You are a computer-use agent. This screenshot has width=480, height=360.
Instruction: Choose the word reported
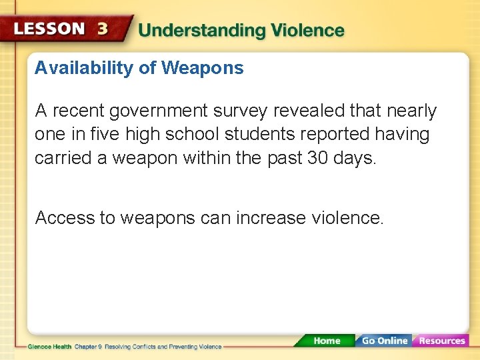[x=337, y=134]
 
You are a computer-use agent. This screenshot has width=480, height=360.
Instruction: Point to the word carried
[x=61, y=157]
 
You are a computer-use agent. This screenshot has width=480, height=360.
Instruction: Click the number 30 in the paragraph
[x=317, y=157]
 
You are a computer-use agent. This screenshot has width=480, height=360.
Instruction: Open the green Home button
[x=327, y=341]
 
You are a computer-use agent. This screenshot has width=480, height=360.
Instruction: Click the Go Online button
[x=384, y=341]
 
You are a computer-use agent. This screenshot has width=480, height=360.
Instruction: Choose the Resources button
[x=441, y=341]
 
